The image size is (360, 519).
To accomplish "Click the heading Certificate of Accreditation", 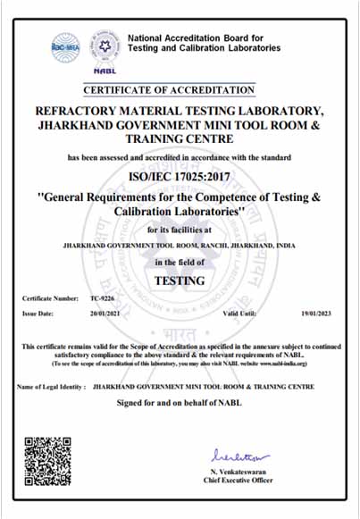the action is (169, 89).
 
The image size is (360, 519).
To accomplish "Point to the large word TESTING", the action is (180, 280).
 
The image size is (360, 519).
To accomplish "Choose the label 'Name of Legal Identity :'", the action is (51, 387).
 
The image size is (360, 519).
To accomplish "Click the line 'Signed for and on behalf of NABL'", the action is (180, 403).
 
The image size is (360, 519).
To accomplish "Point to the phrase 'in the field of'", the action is (180, 262).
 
